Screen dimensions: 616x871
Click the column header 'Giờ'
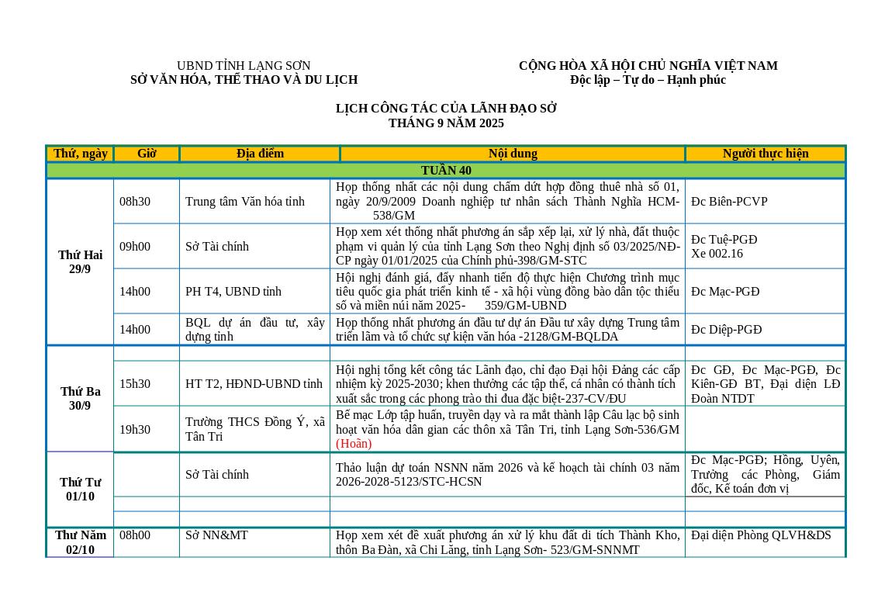(147, 154)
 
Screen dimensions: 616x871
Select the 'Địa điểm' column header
(260, 154)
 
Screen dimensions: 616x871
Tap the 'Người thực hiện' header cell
(765, 154)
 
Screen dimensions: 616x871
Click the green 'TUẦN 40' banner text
(446, 171)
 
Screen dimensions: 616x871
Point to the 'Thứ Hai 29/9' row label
(80, 262)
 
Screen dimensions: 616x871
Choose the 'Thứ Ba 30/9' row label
(80, 399)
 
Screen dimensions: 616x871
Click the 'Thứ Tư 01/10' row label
(80, 490)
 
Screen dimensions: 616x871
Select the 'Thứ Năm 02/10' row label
(80, 542)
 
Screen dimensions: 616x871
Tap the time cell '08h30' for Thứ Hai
(135, 202)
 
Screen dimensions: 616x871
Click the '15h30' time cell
(135, 384)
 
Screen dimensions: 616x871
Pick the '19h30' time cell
(135, 430)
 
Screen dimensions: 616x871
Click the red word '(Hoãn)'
(354, 444)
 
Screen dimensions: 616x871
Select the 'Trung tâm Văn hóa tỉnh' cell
(245, 202)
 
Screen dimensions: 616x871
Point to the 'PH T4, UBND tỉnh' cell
(233, 292)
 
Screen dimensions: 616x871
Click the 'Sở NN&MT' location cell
(216, 535)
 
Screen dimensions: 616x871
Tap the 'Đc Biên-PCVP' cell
(729, 202)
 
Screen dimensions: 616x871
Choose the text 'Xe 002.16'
(717, 254)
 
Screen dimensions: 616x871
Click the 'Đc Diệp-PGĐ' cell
(726, 330)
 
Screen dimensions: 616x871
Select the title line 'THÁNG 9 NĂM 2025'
(446, 123)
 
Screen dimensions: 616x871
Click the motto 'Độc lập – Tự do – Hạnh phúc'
(648, 80)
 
